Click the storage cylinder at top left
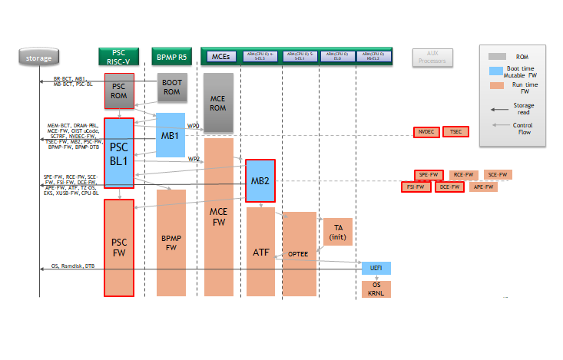38,57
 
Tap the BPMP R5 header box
171,57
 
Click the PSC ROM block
119,90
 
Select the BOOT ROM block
171,88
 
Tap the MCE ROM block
218,104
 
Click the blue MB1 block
171,136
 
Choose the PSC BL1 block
119,152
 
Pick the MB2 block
260,181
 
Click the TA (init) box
337,232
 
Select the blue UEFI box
376,268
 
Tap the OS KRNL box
376,289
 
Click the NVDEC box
426,132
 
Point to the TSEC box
455,132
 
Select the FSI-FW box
416,187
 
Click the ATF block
260,251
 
